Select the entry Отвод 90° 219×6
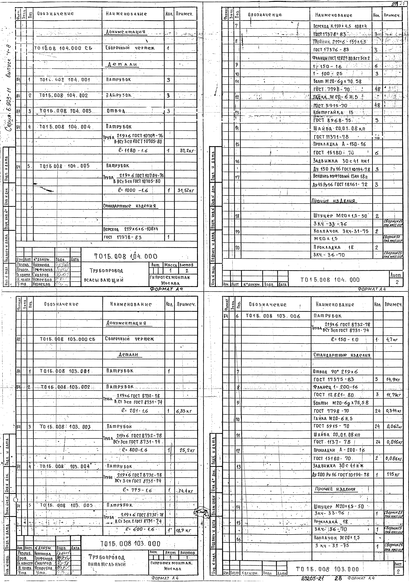336,372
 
